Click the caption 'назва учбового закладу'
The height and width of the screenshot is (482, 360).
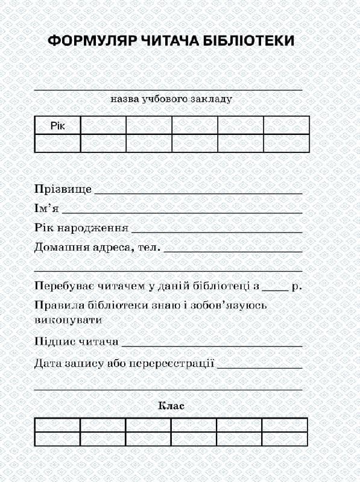(x=171, y=99)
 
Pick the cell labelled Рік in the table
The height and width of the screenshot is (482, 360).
(x=57, y=125)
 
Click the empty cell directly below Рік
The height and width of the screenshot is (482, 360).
(x=57, y=143)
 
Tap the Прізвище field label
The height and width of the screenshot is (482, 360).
(x=63, y=189)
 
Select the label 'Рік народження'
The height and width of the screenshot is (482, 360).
(x=81, y=229)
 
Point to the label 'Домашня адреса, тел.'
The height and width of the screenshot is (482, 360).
(x=96, y=248)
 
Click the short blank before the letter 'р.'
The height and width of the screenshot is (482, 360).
(x=276, y=290)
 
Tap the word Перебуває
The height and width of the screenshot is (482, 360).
(x=62, y=286)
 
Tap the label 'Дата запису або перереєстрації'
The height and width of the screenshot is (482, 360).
(x=124, y=364)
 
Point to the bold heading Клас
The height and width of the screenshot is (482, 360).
(x=171, y=405)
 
